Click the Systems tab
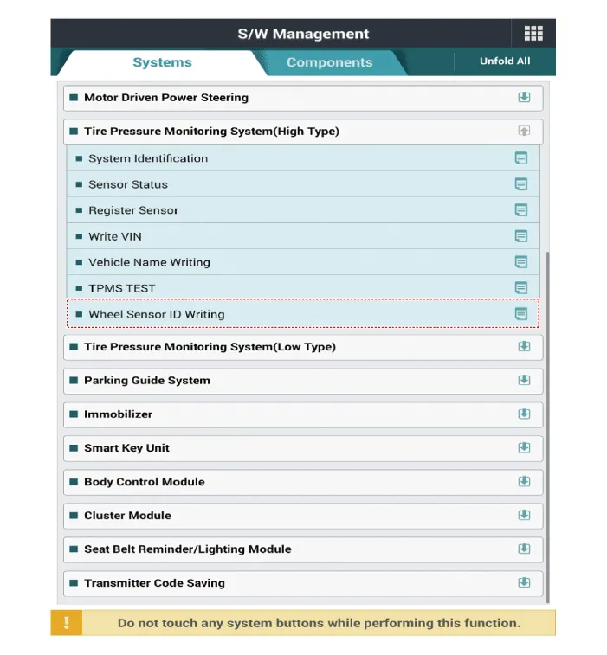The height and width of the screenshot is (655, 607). coord(162,62)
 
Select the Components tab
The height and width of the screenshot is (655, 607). coord(329,62)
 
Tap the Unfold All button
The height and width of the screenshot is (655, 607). coord(505,61)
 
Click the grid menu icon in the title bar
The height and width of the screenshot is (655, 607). coord(533,34)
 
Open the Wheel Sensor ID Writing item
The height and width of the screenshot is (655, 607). coord(157,314)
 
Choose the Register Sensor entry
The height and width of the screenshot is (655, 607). coord(133,210)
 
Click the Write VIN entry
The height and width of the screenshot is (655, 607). coord(115,236)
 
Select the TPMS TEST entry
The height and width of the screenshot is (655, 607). coord(122,288)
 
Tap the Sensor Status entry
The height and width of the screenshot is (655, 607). coord(128,184)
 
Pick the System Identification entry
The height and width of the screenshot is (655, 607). coord(148,158)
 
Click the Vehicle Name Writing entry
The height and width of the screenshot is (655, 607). coord(149,262)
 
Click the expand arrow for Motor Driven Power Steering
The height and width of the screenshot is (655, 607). coord(524,98)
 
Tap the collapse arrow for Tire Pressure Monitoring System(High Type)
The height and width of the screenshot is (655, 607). coord(524,132)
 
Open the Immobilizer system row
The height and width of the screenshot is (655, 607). coord(118,414)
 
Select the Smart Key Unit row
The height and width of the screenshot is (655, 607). coord(126,448)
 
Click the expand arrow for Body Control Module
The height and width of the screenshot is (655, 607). coord(524,482)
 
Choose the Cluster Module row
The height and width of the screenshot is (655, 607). coord(127,516)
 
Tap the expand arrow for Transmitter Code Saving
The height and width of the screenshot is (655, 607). coord(524,583)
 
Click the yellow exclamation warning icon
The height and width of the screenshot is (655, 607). coord(67,623)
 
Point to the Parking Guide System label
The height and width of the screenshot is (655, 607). coord(147,381)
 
